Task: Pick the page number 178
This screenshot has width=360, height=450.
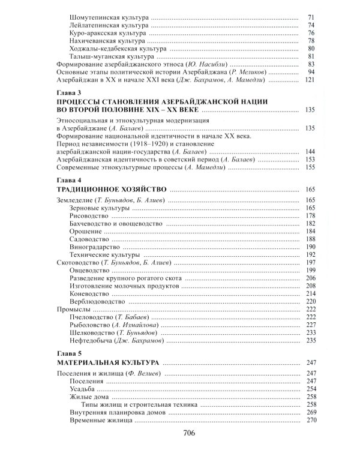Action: pyautogui.click(x=311, y=215)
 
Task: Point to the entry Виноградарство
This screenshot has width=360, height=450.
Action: pyautogui.click(x=95, y=247)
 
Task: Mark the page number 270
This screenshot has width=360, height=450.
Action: pyautogui.click(x=311, y=421)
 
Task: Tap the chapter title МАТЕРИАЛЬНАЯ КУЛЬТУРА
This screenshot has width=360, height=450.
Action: pyautogui.click(x=108, y=363)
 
